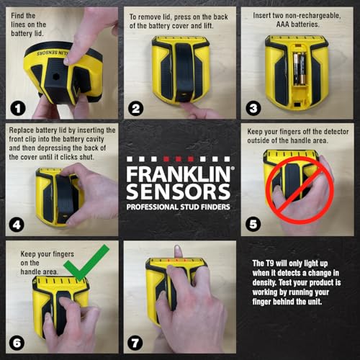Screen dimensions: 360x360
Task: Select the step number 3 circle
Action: click(x=253, y=109)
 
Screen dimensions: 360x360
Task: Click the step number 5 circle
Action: click(x=253, y=225)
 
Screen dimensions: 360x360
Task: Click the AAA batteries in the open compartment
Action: click(x=297, y=69)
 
